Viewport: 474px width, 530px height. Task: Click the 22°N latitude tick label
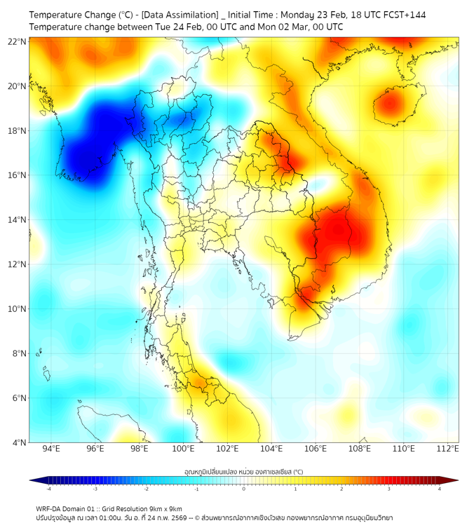(18, 41)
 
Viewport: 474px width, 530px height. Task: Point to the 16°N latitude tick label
(18, 175)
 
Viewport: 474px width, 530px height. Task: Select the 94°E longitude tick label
(51, 449)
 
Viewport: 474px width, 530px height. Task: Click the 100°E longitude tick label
(183, 449)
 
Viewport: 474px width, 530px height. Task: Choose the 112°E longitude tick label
(447, 449)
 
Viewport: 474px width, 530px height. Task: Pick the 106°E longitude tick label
(316, 449)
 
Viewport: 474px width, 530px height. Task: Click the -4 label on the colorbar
(48, 489)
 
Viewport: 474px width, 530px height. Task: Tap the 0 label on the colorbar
(244, 489)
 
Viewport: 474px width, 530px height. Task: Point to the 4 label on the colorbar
(440, 489)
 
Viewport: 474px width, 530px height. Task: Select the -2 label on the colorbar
(146, 489)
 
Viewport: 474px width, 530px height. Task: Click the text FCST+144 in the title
(402, 15)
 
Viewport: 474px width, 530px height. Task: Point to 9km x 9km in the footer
(163, 509)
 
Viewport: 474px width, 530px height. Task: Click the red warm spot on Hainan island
(391, 106)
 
